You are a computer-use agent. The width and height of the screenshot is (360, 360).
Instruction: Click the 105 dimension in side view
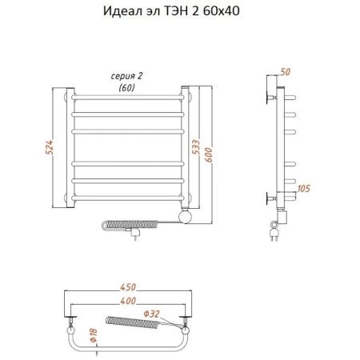pyautogui.click(x=305, y=189)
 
